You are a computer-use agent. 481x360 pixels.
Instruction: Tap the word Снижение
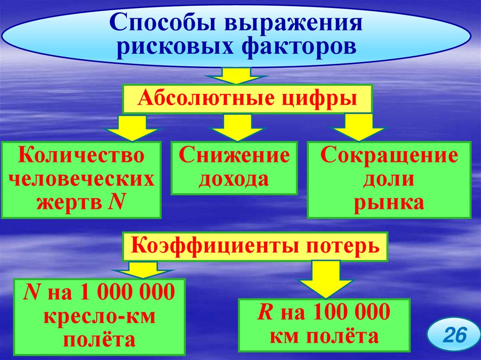tap(233, 155)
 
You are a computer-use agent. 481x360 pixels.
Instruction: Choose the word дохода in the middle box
tap(233, 179)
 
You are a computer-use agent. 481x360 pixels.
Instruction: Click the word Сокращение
tap(389, 155)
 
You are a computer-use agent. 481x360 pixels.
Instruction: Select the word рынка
tap(389, 203)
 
